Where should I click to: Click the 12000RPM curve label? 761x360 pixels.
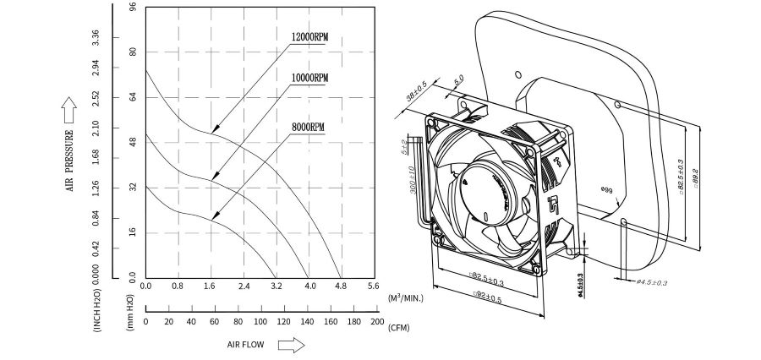[x=309, y=38]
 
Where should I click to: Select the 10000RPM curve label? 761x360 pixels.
[x=309, y=78]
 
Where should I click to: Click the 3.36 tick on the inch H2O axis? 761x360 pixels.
[x=96, y=39]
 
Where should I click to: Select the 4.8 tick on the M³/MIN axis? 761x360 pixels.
[x=340, y=287]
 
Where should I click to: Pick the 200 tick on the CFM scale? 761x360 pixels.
[x=377, y=322]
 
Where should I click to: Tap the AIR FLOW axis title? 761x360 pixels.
[x=246, y=345]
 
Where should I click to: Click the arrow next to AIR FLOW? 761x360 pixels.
[x=290, y=345]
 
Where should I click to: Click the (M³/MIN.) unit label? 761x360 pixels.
[x=406, y=297]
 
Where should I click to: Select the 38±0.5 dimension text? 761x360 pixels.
[x=415, y=91]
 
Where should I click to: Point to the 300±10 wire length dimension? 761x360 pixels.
[x=412, y=181]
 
